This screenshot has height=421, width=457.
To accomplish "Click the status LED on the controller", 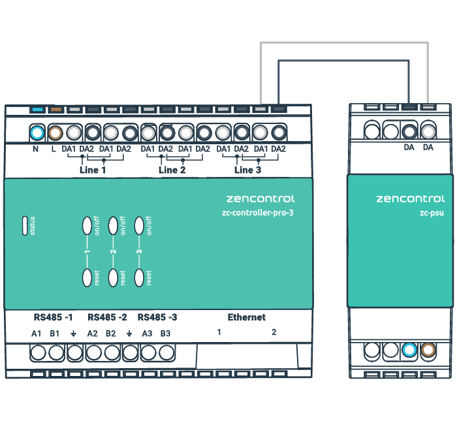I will click(27, 225).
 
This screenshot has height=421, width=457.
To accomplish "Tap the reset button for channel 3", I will click(138, 277).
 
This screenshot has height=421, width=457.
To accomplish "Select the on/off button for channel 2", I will click(113, 225).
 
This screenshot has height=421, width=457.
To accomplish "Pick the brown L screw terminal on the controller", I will click(55, 133).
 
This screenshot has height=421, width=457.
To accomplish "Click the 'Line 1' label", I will click(92, 170).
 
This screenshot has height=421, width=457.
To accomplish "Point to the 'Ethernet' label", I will click(246, 317).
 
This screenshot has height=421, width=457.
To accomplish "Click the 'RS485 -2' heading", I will click(107, 318).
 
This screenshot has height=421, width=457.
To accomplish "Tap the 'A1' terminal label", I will click(37, 334).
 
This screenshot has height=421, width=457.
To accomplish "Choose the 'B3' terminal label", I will click(165, 334).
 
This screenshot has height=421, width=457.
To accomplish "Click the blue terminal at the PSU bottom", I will click(409, 351).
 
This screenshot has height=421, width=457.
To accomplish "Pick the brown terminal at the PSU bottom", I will click(428, 351).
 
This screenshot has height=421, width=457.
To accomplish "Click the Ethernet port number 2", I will click(274, 332).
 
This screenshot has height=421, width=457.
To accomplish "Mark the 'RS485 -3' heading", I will click(157, 318).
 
